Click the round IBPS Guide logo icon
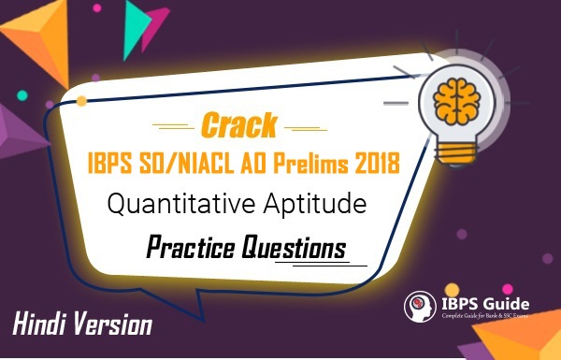(419, 308)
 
